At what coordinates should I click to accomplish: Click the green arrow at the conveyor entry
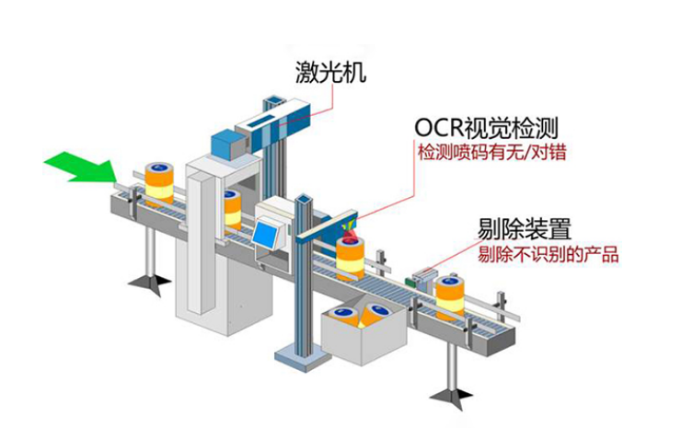81,168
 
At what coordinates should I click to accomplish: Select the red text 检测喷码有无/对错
491,151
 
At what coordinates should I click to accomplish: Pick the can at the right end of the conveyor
451,296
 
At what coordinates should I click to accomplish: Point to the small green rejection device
424,276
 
